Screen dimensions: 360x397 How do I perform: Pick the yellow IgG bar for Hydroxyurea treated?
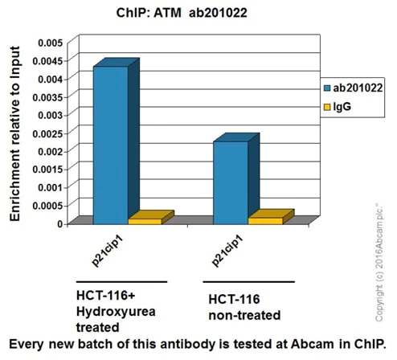point(145,220)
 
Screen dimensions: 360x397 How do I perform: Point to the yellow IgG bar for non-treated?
point(264,219)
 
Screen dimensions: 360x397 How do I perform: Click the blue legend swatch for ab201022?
point(326,88)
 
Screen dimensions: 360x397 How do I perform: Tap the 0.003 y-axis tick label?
point(47,114)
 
